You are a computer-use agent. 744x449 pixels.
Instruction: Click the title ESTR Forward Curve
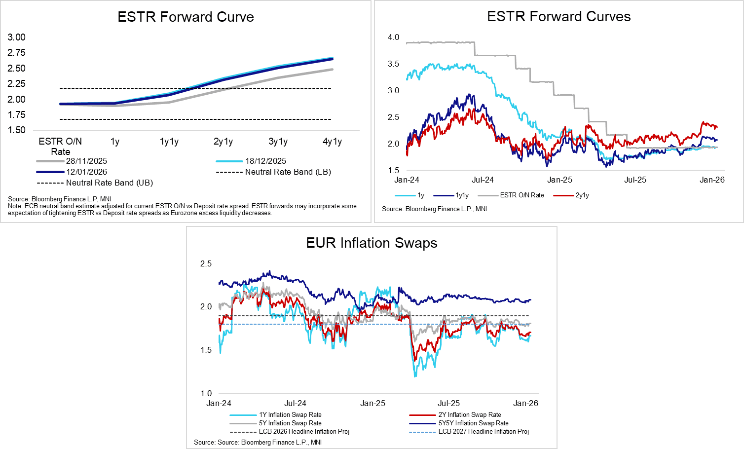point(186,17)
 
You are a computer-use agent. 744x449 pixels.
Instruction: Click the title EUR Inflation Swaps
point(372,243)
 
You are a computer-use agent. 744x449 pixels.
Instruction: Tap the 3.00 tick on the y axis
point(17,37)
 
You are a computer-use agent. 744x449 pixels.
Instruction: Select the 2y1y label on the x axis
point(223,142)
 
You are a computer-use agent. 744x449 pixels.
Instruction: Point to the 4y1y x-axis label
point(332,142)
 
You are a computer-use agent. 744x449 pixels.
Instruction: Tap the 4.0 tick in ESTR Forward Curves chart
point(393,37)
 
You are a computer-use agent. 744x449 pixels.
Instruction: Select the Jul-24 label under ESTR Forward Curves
point(483,180)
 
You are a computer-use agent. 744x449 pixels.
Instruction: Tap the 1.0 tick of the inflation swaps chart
point(206,393)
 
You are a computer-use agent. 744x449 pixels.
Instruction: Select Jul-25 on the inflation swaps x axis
point(449,403)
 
